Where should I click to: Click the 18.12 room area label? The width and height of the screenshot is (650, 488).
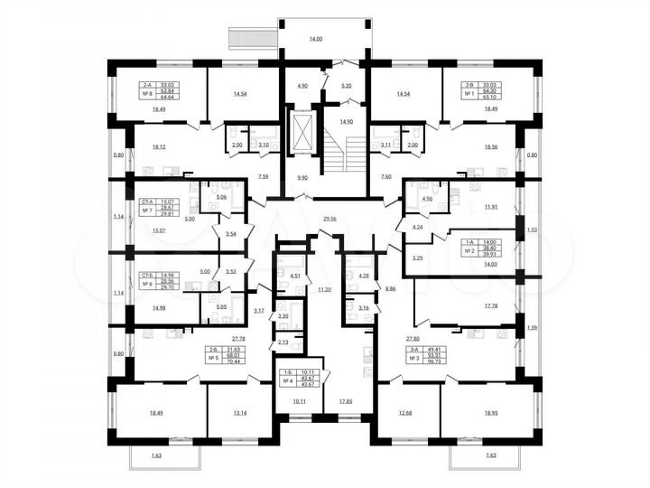pos(161,145)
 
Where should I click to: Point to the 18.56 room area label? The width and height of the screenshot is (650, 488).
pos(490,145)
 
